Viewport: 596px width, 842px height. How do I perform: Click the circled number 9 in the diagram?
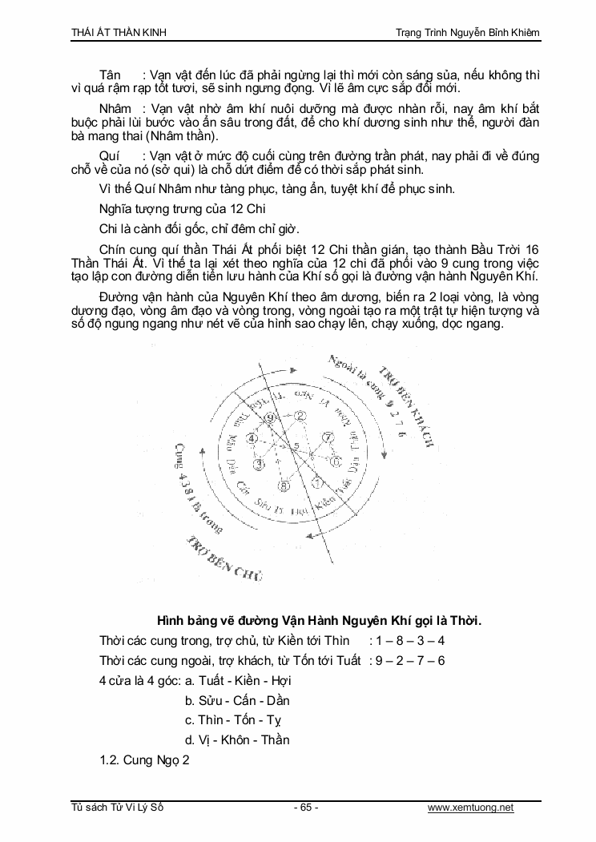point(270,418)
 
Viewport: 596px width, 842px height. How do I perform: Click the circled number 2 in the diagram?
point(301,415)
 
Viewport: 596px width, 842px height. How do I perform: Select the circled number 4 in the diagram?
point(251,439)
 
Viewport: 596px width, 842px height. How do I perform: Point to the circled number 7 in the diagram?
point(327,437)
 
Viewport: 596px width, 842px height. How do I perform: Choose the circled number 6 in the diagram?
point(335,461)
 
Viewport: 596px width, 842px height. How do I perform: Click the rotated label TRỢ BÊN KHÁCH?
point(405,406)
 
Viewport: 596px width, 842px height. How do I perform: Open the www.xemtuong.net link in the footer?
point(470,808)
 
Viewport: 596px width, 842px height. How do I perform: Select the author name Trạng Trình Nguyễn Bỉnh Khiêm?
point(468,31)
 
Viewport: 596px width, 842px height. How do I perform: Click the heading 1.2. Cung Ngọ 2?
point(144,760)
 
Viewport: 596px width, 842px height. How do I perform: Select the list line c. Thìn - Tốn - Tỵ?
point(237,720)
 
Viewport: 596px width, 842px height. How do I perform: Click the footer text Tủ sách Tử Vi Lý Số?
point(117,808)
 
